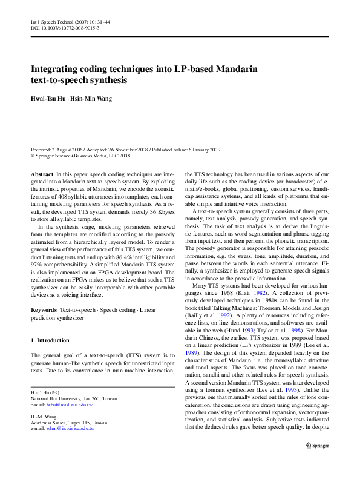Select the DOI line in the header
click(65, 28)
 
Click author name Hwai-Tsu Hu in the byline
click(48, 99)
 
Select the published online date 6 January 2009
click(200, 149)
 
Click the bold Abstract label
click(41, 174)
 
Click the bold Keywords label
click(44, 310)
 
